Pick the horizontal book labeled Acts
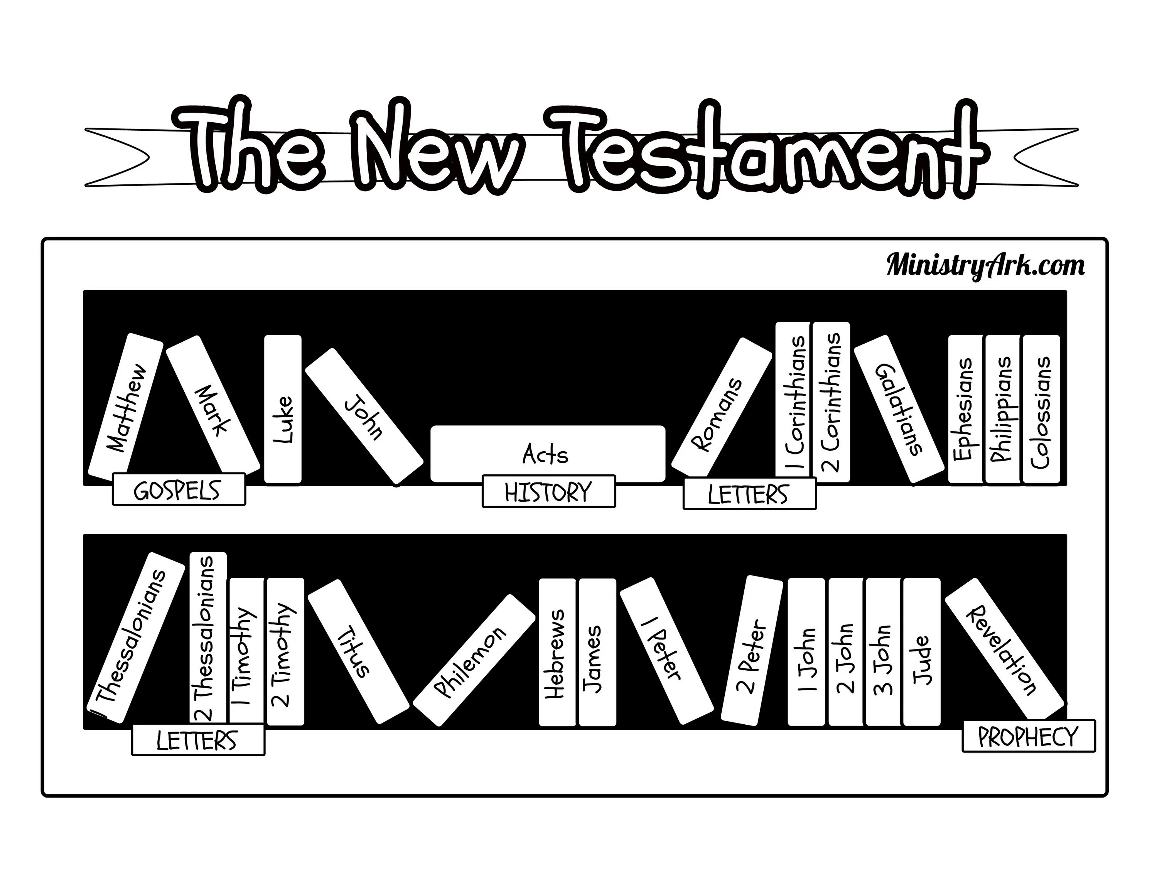click(548, 453)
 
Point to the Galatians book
click(899, 410)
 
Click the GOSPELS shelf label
click(179, 489)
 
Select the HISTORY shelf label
click(548, 491)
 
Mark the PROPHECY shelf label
click(1028, 735)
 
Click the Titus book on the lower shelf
click(359, 651)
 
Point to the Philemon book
click(474, 660)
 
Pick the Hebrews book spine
click(557, 652)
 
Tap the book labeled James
click(597, 652)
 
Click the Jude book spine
click(921, 652)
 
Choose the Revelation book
click(1004, 647)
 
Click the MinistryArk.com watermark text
click(985, 265)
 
